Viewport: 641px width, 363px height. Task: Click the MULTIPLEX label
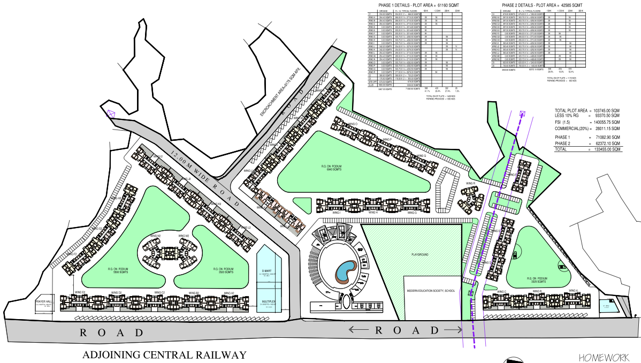268,303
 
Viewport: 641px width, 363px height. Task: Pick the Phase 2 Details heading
537,4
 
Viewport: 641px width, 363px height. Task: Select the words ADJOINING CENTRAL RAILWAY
164,355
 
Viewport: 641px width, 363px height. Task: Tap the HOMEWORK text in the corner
606,357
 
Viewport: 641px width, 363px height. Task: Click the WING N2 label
156,236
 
